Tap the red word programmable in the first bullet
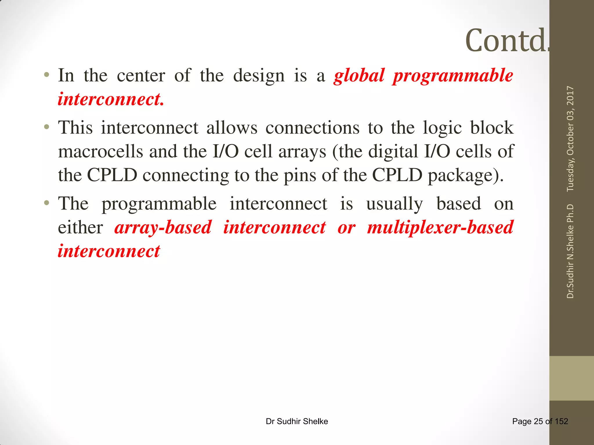(453, 76)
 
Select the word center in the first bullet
(141, 76)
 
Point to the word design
(259, 76)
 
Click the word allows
(232, 128)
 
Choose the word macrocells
(100, 152)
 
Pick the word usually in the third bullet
(394, 204)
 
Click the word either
(80, 227)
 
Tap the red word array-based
(163, 227)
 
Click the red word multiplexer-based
(440, 227)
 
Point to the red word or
(346, 228)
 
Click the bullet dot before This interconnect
(46, 127)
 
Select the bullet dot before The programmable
(46, 203)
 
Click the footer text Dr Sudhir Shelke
(297, 421)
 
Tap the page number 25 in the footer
(538, 421)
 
